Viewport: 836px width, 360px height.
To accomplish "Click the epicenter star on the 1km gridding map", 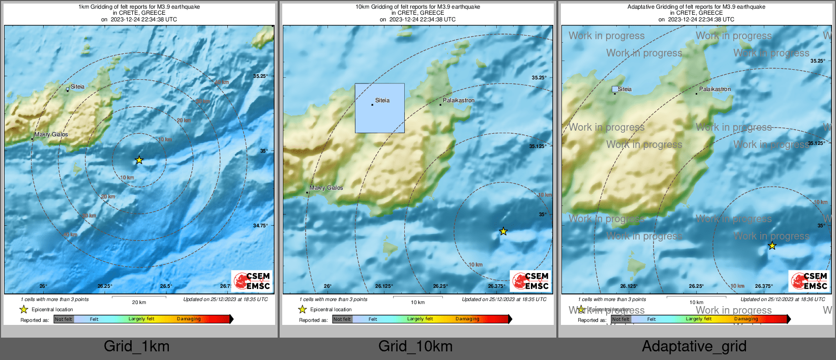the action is pos(139,160).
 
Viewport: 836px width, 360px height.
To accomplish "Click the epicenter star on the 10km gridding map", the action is pos(503,231).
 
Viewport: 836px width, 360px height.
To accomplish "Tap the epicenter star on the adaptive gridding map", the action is pos(772,246).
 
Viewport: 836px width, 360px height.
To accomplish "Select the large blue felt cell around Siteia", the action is pos(379,108).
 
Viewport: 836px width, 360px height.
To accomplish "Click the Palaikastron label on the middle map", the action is pos(458,100).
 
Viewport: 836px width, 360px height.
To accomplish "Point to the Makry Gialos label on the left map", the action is pos(51,135).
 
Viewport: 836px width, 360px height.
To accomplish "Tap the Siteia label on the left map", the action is pos(77,86).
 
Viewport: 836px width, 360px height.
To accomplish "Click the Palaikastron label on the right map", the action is pos(714,89).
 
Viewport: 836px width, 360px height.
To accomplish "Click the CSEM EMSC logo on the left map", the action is pos(252,281).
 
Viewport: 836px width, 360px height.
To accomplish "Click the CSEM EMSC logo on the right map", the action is pos(810,281).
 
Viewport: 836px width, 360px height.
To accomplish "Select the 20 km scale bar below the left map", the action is pos(139,297).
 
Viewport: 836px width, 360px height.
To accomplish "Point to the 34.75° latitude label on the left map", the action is pos(260,225).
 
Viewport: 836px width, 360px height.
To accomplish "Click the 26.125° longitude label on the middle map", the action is pos(384,286).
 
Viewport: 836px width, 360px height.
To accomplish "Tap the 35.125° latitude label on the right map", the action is pos(816,143).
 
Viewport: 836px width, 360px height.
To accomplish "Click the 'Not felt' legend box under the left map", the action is pos(64,319).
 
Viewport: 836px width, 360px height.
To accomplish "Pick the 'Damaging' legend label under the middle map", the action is pos(467,319).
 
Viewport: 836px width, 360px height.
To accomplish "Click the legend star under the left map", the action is pos(23,309).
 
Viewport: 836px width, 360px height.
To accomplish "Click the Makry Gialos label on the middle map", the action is pos(326,188).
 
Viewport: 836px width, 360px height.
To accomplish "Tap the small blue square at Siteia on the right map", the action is pos(615,89).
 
